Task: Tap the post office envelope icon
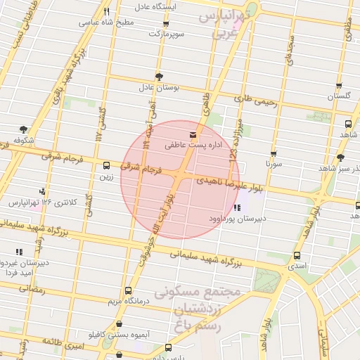[192, 134]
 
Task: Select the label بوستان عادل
[159, 88]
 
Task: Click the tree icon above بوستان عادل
[159, 76]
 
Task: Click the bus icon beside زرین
[106, 166]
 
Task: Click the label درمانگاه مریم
[127, 301]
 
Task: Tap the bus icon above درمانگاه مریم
[127, 290]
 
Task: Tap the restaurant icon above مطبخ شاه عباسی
[106, 11]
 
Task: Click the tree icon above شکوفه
[23, 129]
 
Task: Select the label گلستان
[339, 95]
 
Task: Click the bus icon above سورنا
[274, 153]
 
